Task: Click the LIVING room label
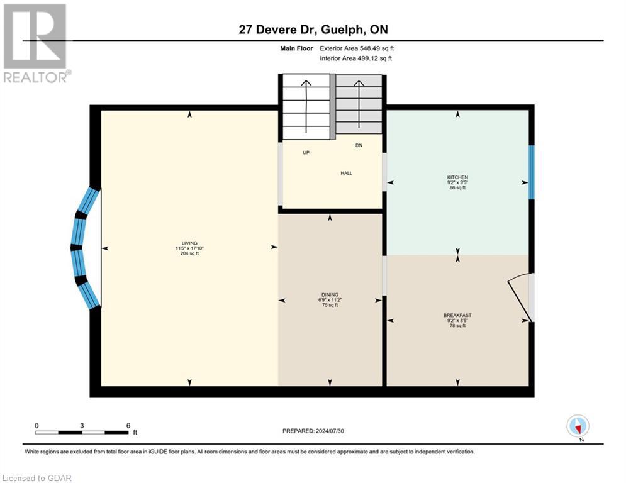click(189, 243)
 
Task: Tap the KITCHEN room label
click(457, 177)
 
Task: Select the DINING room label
click(330, 294)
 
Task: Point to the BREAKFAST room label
click(457, 315)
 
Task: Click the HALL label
click(347, 173)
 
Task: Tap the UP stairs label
click(306, 153)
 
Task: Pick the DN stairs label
click(359, 146)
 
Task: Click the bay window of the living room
click(84, 248)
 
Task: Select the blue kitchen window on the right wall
click(531, 171)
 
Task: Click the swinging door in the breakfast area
click(520, 295)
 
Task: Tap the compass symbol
click(577, 426)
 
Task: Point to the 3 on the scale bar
click(82, 425)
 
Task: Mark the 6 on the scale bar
click(128, 425)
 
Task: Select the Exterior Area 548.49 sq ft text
click(357, 48)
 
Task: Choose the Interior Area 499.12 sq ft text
click(355, 58)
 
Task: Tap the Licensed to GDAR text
click(37, 478)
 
